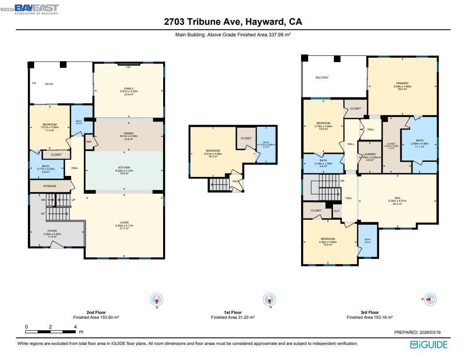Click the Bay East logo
pos(36,9)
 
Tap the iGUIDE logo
pos(429,344)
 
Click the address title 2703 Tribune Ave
pos(233,21)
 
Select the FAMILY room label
pos(129,89)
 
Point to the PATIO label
pos(49,84)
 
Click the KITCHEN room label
pos(124,168)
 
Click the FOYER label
pos(52,231)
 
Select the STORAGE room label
pos(50,186)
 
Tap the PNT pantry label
pos(89,142)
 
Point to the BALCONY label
pos(322,78)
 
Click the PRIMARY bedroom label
pos(402,83)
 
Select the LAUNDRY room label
pos(369,154)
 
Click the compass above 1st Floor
pos(269,300)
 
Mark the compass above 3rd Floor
pos(430,300)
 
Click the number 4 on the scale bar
pos(75,327)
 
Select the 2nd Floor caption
pos(96,313)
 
